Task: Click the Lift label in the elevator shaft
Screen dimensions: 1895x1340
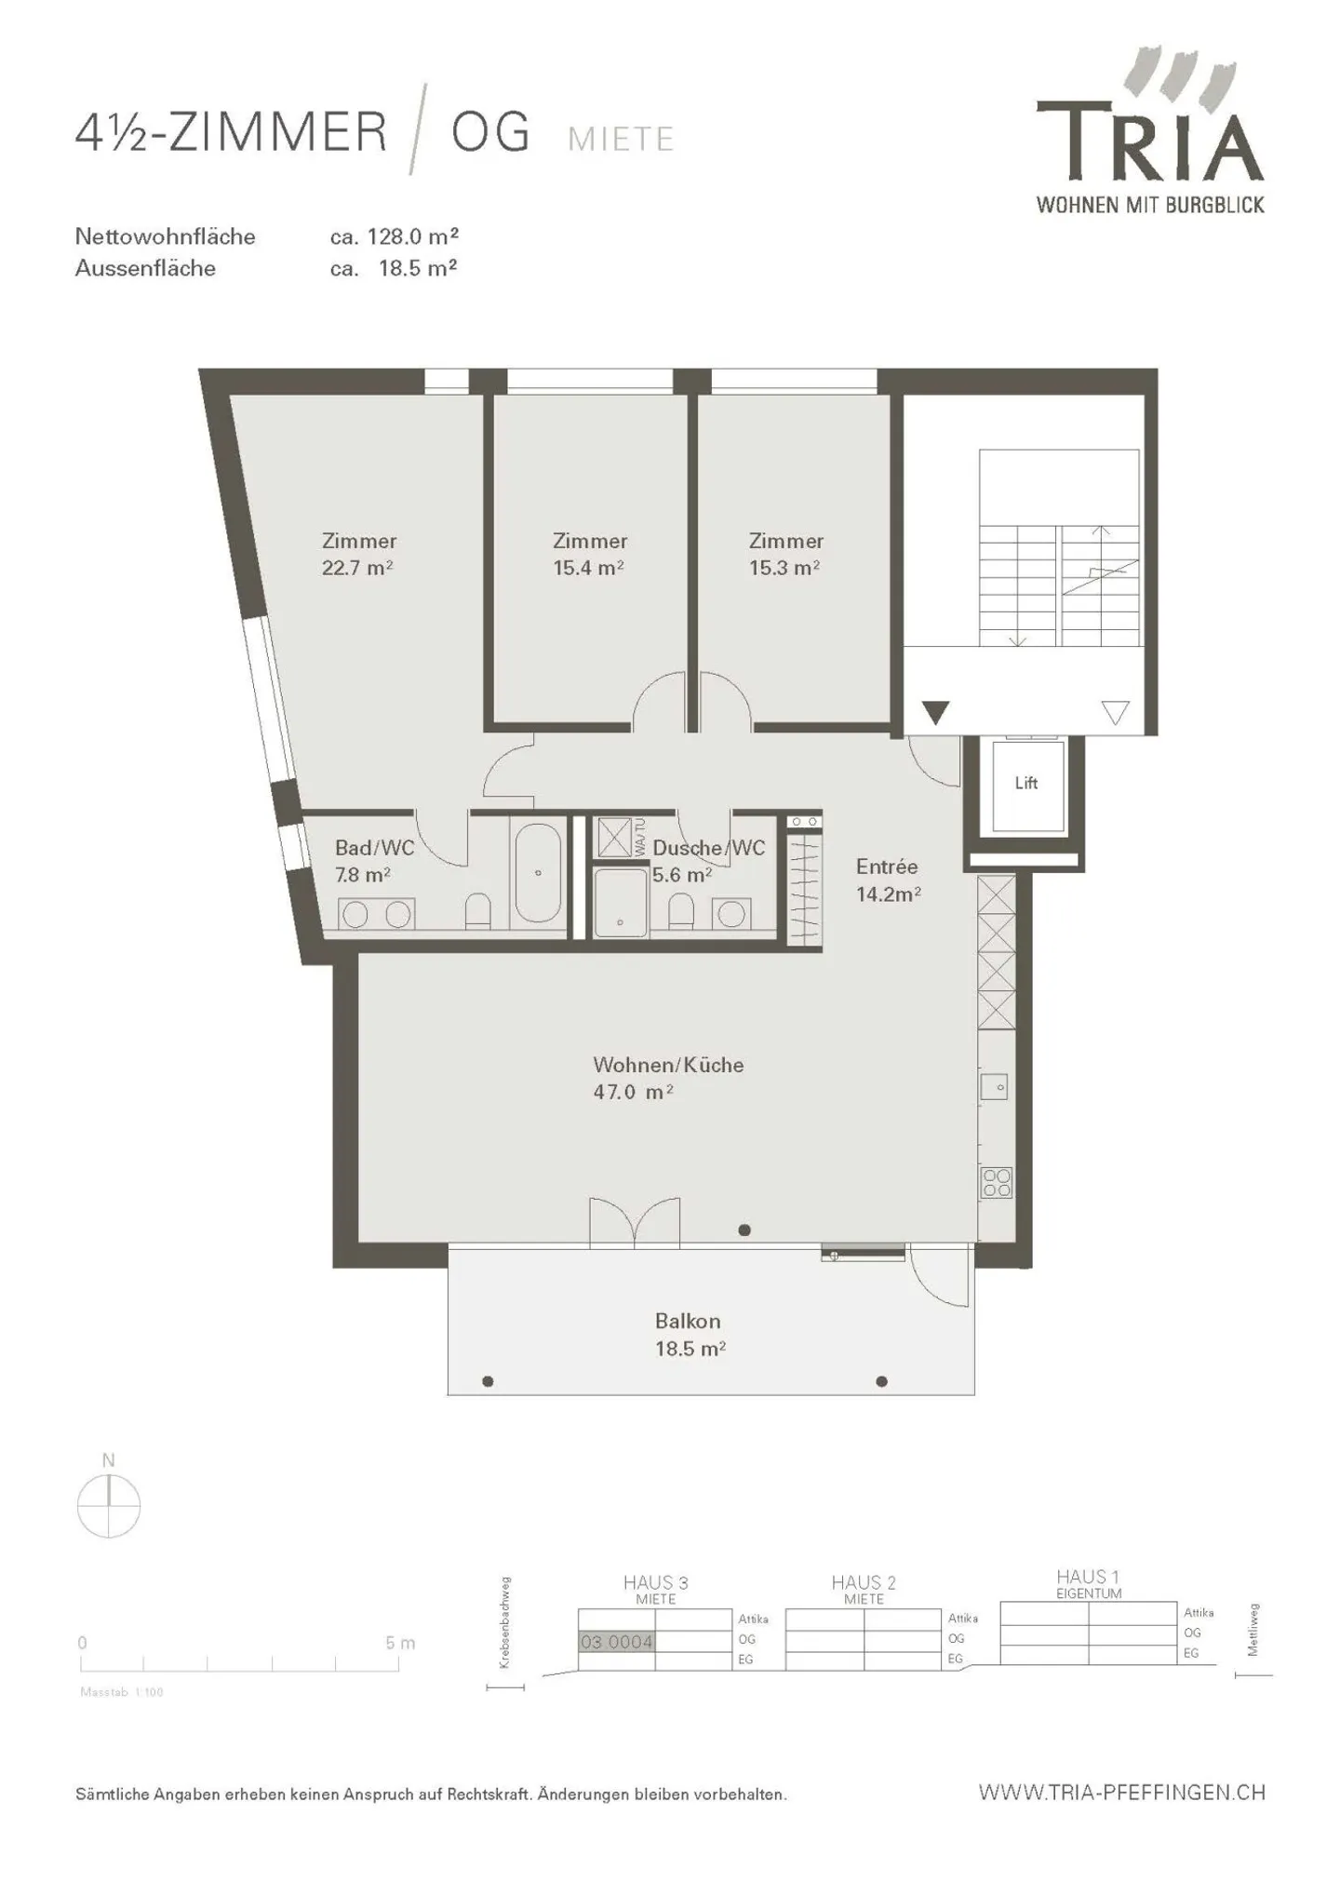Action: pyautogui.click(x=1025, y=783)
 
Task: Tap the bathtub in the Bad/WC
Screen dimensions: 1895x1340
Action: pyautogui.click(x=538, y=872)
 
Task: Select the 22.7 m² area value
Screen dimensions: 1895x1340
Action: pyautogui.click(x=357, y=568)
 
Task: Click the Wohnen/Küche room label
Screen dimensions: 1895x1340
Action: pyautogui.click(x=668, y=1065)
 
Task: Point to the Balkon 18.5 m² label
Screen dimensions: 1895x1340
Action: pyautogui.click(x=689, y=1335)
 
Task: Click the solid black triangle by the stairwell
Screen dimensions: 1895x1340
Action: pyautogui.click(x=935, y=711)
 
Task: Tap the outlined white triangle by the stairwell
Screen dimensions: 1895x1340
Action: pyautogui.click(x=1115, y=712)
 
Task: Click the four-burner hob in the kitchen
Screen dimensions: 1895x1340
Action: pyautogui.click(x=997, y=1182)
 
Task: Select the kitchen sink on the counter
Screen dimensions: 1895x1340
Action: pyautogui.click(x=994, y=1086)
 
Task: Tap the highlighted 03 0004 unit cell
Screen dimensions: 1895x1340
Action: pyautogui.click(x=616, y=1642)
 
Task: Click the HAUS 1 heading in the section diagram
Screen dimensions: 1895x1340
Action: pyautogui.click(x=1087, y=1577)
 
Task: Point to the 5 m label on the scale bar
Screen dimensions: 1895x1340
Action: pyautogui.click(x=400, y=1643)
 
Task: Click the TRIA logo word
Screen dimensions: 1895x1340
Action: pyautogui.click(x=1150, y=144)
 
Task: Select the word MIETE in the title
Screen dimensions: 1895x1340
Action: pyautogui.click(x=621, y=140)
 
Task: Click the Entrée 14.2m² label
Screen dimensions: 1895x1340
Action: pyautogui.click(x=888, y=880)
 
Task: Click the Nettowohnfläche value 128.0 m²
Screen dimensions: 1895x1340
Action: pyautogui.click(x=412, y=236)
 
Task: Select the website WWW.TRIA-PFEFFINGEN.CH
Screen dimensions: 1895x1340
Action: pyautogui.click(x=1121, y=1792)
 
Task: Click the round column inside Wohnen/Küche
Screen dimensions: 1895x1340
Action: pyautogui.click(x=744, y=1230)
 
